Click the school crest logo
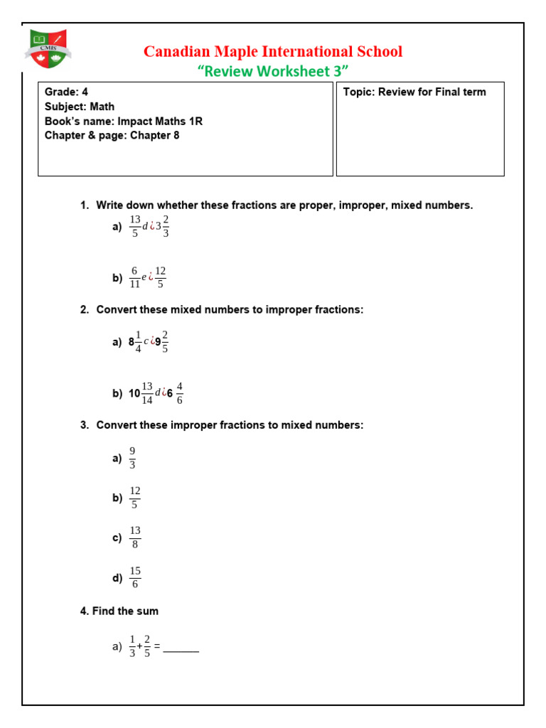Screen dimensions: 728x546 49,49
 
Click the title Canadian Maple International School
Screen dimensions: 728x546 273,52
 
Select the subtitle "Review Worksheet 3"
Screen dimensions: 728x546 273,71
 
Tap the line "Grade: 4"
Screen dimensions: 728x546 66,92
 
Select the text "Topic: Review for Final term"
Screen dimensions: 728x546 414,92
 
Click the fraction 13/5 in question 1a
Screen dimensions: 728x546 135,227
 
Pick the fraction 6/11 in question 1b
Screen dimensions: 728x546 134,277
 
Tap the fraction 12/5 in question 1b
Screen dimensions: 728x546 160,277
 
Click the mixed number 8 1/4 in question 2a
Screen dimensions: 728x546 135,342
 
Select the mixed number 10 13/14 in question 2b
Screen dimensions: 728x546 141,393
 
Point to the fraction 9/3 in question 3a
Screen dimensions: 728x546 132,458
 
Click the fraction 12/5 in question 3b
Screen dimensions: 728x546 135,498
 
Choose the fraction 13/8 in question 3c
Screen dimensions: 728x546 135,537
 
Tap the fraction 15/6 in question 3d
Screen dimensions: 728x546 135,577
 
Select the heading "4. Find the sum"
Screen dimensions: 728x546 119,611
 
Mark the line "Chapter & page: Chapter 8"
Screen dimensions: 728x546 112,135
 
